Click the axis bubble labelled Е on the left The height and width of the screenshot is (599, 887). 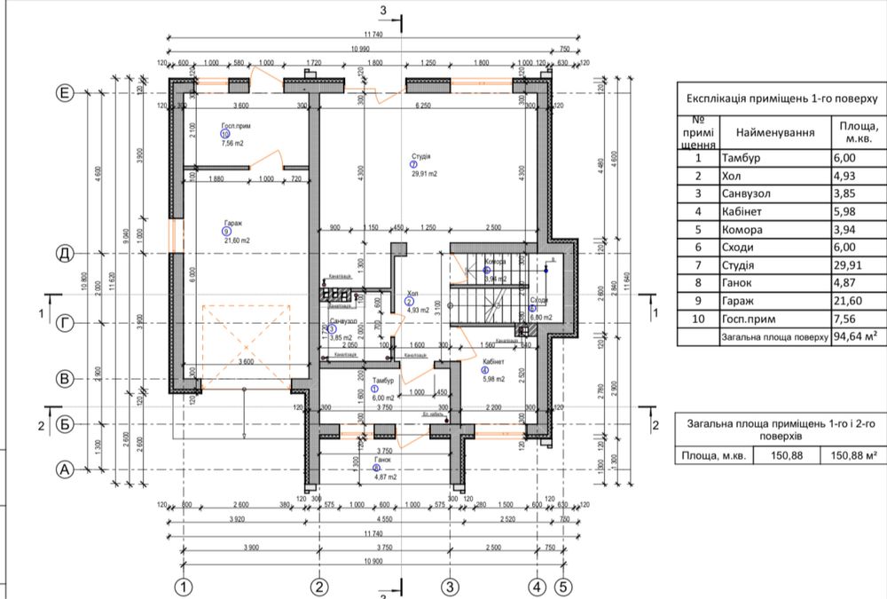point(64,92)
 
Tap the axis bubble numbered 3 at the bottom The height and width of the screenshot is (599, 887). point(450,587)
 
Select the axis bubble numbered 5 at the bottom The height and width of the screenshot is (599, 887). point(561,587)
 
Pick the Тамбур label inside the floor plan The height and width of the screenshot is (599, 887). point(382,380)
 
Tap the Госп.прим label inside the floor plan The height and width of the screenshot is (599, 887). point(232,127)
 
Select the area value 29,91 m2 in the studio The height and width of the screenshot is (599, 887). point(424,174)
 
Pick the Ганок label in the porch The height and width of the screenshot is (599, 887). point(382,461)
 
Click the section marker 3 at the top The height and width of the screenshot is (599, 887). point(384,10)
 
